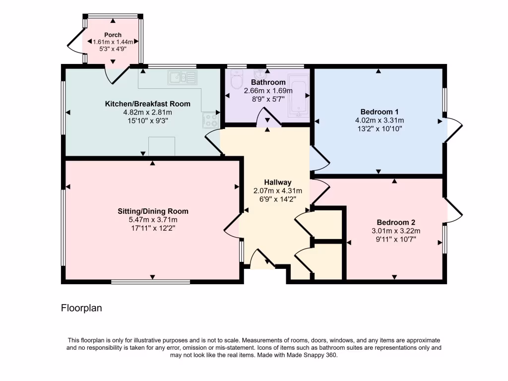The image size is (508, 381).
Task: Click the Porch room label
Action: [113, 35]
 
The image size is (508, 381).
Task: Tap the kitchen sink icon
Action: [183, 77]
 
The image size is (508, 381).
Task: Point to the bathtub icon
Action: [299, 97]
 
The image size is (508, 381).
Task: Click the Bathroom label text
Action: [268, 82]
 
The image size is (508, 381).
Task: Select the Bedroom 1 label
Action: [380, 112]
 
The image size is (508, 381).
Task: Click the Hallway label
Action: [277, 182]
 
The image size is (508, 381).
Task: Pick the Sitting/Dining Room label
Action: [153, 211]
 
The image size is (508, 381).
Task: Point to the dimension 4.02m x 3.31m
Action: [380, 120]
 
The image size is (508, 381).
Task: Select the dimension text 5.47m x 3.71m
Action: [153, 219]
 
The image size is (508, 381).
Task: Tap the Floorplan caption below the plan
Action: [81, 308]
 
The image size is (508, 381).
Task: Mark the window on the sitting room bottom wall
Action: [150, 282]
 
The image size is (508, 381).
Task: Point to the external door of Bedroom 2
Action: [453, 210]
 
